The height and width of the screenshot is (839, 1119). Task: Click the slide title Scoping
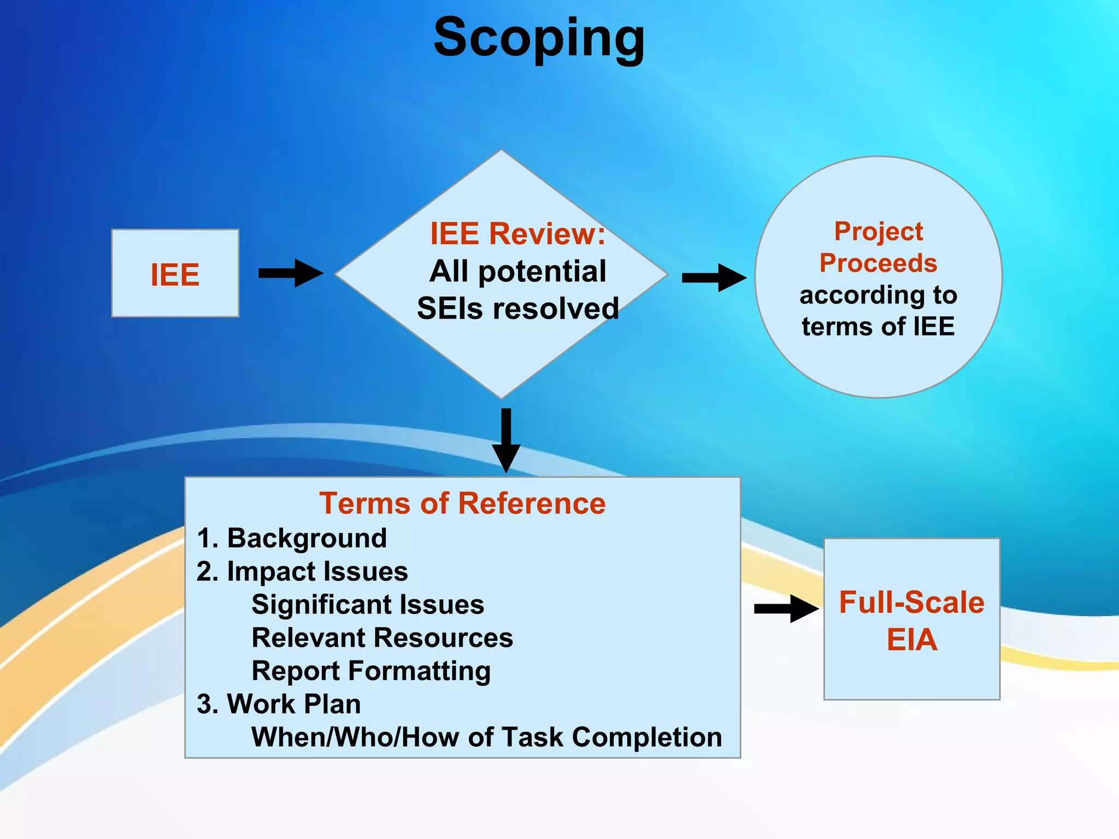pyautogui.click(x=539, y=38)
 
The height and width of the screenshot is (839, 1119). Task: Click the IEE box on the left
pyautogui.click(x=175, y=274)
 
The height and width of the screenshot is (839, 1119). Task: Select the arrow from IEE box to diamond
pyautogui.click(x=291, y=273)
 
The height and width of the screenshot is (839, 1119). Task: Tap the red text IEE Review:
pyautogui.click(x=517, y=234)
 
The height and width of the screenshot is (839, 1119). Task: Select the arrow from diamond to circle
pyautogui.click(x=714, y=277)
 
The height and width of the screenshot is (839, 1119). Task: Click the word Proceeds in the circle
pyautogui.click(x=878, y=263)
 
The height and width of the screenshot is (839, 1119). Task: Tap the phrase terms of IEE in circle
pyautogui.click(x=878, y=327)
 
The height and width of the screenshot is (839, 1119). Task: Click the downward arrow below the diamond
pyautogui.click(x=506, y=440)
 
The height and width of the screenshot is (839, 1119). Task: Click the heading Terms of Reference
pyautogui.click(x=462, y=503)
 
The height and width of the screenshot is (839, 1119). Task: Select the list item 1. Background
pyautogui.click(x=292, y=538)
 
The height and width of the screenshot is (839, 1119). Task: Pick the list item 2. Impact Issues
pyautogui.click(x=302, y=572)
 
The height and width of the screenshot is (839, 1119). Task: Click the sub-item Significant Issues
pyautogui.click(x=368, y=605)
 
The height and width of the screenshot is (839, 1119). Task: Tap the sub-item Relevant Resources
pyautogui.click(x=382, y=638)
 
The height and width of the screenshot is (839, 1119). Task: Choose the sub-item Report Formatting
pyautogui.click(x=371, y=671)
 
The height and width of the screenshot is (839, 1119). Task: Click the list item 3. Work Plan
pyautogui.click(x=279, y=704)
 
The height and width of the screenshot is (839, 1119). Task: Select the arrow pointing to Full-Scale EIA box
pyautogui.click(x=786, y=608)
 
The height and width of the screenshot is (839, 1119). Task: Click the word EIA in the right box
pyautogui.click(x=911, y=640)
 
